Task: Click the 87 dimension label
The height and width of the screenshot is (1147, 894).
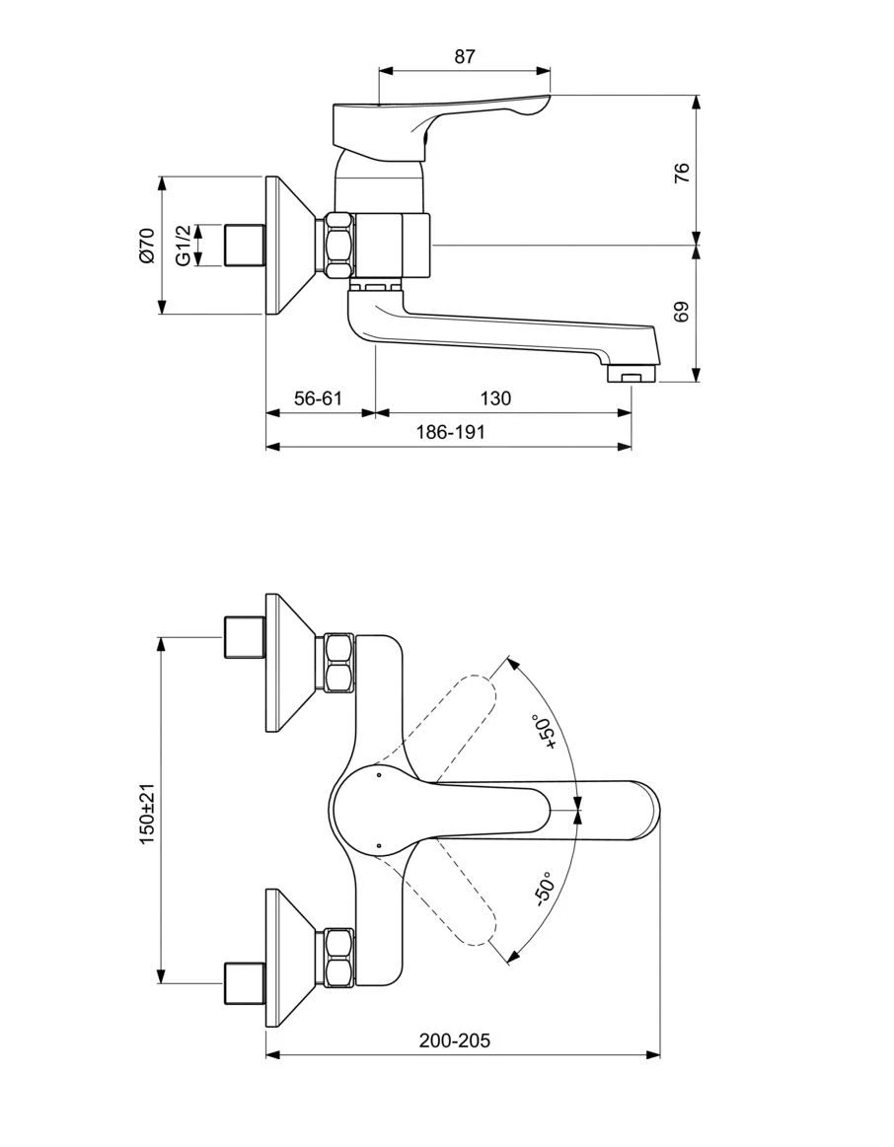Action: tap(465, 56)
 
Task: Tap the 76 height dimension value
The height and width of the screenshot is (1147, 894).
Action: tap(682, 173)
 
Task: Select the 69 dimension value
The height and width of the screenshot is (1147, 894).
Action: tap(682, 313)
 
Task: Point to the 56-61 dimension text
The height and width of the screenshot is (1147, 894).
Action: tap(319, 398)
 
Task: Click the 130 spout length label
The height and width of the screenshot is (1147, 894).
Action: tap(495, 398)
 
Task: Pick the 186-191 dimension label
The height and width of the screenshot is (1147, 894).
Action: tap(451, 432)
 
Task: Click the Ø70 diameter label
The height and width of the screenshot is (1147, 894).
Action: tap(148, 245)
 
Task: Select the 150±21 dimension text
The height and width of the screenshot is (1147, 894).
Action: tap(148, 814)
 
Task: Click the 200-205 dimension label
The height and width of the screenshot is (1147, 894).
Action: tap(455, 1040)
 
